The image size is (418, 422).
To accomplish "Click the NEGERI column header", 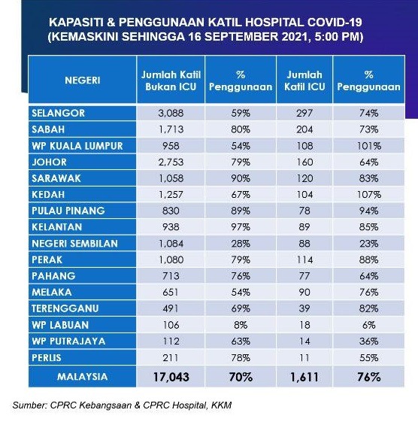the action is click(x=82, y=80).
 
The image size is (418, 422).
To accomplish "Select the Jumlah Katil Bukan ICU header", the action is click(x=171, y=80).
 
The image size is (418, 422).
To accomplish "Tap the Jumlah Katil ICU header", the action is click(x=304, y=80).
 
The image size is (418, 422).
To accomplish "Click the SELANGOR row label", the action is click(x=58, y=113).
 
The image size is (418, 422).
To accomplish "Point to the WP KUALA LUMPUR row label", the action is click(x=77, y=146).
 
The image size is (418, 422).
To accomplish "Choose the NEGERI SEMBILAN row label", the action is click(x=74, y=244).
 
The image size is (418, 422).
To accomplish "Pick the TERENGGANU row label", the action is click(x=65, y=308).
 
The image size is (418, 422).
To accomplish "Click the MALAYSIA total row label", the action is click(x=82, y=377).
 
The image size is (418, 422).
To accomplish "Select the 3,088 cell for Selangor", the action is click(x=171, y=113).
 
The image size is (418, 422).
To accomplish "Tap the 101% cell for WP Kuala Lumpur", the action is click(x=369, y=146).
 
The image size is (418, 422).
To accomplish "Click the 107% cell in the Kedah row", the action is click(x=369, y=194).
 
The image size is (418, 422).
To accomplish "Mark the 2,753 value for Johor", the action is click(x=171, y=162).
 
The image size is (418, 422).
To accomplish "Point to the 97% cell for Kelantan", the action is click(x=241, y=227).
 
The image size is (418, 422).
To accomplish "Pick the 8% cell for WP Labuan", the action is click(x=241, y=325).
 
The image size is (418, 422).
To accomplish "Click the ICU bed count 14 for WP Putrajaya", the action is click(x=304, y=342).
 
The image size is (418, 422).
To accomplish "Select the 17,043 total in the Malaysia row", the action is click(x=171, y=377).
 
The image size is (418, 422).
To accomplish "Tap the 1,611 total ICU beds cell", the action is click(x=304, y=377).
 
